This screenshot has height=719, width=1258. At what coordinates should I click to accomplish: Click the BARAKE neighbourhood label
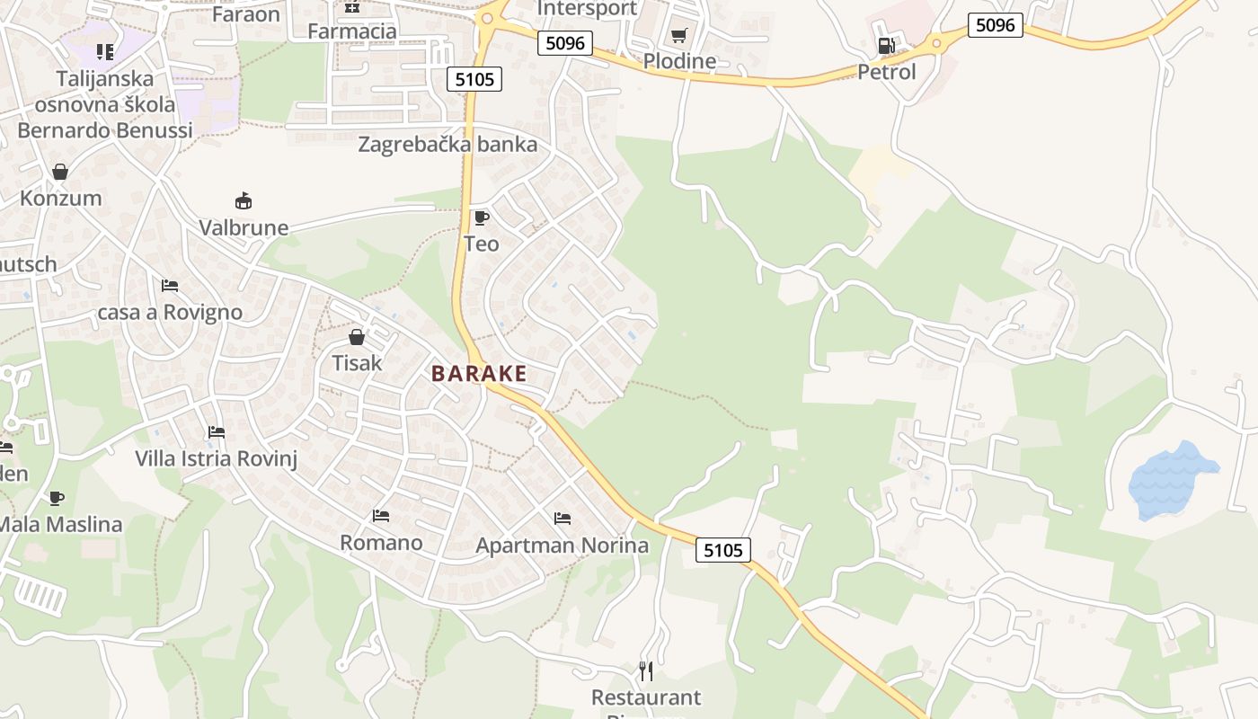[479, 374]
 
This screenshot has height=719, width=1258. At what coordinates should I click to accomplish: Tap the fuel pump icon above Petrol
[886, 45]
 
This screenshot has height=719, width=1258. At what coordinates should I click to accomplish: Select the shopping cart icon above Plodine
[678, 36]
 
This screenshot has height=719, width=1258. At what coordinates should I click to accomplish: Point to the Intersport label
[587, 9]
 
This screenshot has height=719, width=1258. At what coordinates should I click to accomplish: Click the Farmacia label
[352, 31]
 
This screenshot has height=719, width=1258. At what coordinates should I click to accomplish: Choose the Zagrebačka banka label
[447, 145]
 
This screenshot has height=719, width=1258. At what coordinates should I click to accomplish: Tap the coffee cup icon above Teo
[482, 217]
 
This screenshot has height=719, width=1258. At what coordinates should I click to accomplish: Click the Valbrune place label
[244, 227]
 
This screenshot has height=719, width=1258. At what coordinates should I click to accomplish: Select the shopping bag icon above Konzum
[60, 171]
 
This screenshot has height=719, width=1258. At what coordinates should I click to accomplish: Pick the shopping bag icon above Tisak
[357, 337]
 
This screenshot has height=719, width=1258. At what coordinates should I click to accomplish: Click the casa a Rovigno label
[170, 313]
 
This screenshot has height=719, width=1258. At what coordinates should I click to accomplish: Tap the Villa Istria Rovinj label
[216, 458]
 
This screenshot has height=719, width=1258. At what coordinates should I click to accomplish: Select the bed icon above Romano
[381, 516]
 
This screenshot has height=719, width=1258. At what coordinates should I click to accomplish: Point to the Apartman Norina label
[562, 546]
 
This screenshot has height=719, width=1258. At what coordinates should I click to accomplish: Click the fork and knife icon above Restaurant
[646, 670]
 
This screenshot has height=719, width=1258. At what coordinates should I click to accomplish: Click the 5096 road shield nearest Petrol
[996, 25]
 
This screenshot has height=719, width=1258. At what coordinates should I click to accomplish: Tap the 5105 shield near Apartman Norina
[723, 550]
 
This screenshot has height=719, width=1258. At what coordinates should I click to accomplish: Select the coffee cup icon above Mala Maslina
[57, 498]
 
